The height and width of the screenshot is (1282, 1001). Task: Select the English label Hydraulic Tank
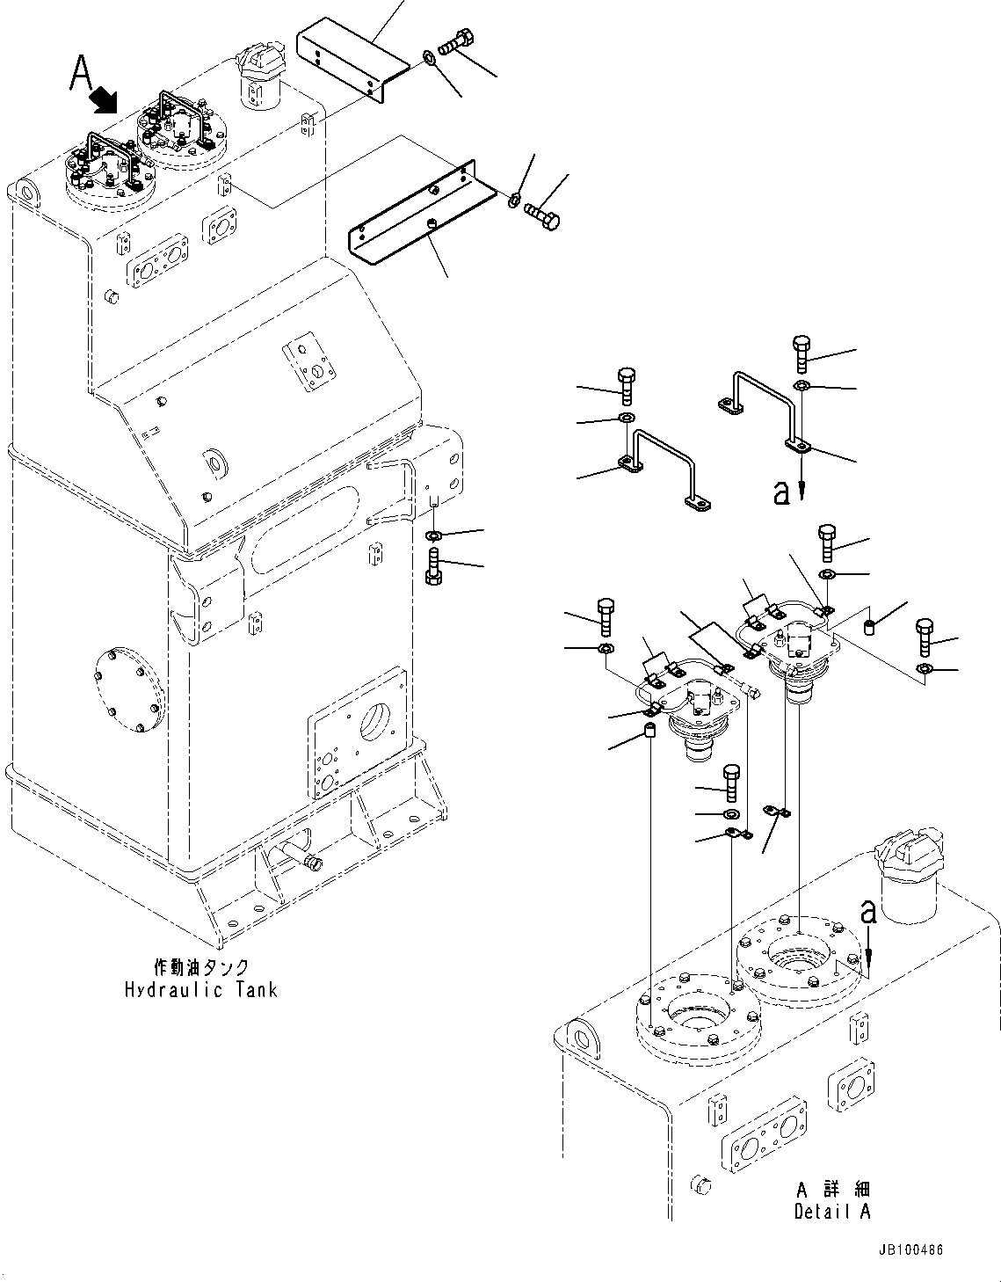[x=200, y=989]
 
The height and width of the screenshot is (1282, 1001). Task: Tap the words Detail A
[x=831, y=1211]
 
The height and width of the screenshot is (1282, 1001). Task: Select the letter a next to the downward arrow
[x=781, y=492]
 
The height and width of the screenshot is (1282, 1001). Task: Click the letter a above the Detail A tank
[x=868, y=913]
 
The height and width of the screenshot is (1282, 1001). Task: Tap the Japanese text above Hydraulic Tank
[x=200, y=967]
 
